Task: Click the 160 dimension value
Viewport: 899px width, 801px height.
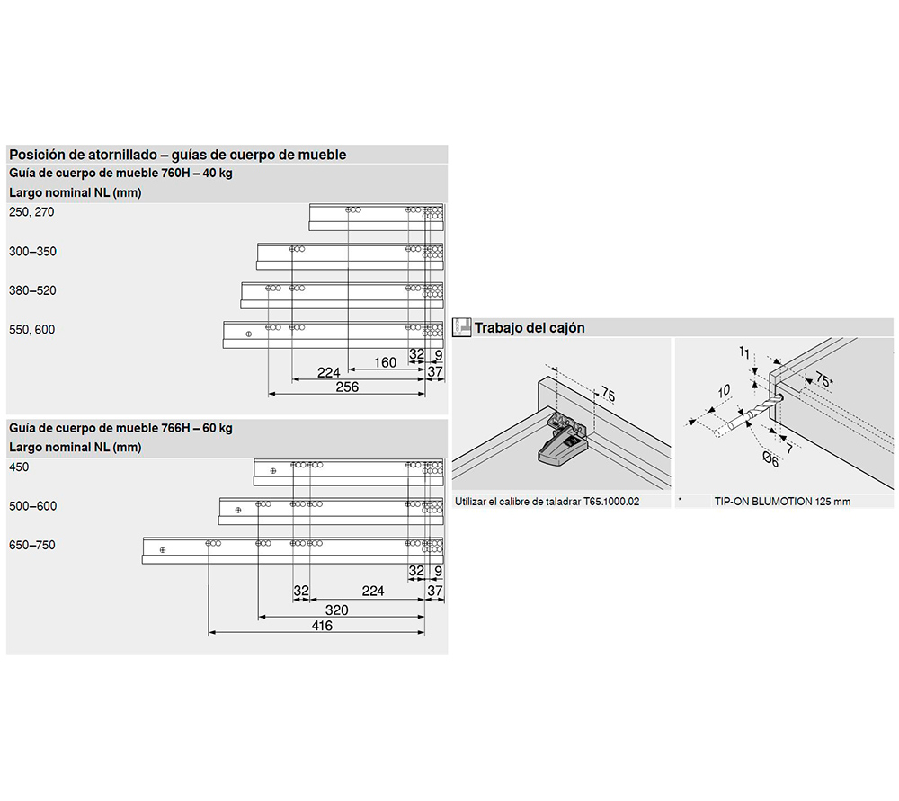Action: [x=385, y=362]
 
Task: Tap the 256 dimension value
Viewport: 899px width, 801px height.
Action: [x=347, y=387]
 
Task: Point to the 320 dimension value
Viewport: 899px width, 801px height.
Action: [x=337, y=610]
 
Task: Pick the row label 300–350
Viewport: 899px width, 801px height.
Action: [x=32, y=251]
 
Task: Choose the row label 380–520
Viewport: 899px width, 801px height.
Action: [x=32, y=290]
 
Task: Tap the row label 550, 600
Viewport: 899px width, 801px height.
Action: [x=31, y=329]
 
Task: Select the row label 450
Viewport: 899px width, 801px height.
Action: [x=19, y=467]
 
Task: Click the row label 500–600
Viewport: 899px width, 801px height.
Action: [x=32, y=505]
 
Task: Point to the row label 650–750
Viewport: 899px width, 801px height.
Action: [x=32, y=545]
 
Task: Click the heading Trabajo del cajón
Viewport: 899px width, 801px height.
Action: [x=530, y=328]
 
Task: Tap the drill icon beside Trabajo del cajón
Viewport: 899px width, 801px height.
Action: [x=462, y=327]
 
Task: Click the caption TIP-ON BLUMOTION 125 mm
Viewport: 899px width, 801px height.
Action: [x=782, y=502]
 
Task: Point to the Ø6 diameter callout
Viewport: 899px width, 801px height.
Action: [x=770, y=460]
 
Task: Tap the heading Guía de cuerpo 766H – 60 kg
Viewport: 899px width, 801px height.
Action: [x=120, y=428]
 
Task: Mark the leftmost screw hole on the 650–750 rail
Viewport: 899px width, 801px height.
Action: [x=163, y=549]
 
